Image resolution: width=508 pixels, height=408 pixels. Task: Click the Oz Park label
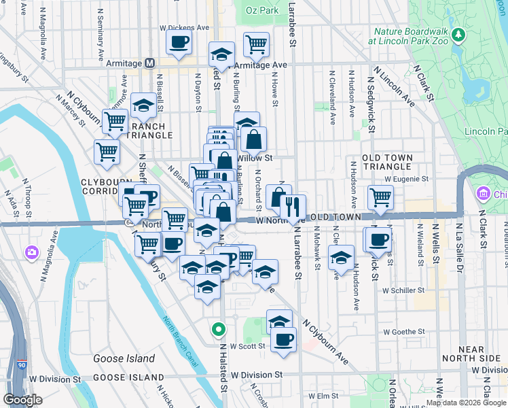[262, 11]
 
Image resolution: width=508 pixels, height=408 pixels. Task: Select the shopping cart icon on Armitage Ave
[256, 45]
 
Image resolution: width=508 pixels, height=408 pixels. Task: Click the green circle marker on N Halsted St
[218, 330]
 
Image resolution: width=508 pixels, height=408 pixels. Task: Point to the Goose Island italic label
[124, 358]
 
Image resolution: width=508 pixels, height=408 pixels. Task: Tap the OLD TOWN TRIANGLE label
[388, 162]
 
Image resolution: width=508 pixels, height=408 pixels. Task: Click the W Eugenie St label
[406, 179]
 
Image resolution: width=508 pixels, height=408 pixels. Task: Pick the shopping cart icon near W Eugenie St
[380, 197]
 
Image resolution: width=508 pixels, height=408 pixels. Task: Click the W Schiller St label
[403, 290]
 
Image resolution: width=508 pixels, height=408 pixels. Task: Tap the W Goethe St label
[404, 332]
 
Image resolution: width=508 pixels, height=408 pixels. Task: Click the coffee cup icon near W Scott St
[283, 340]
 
